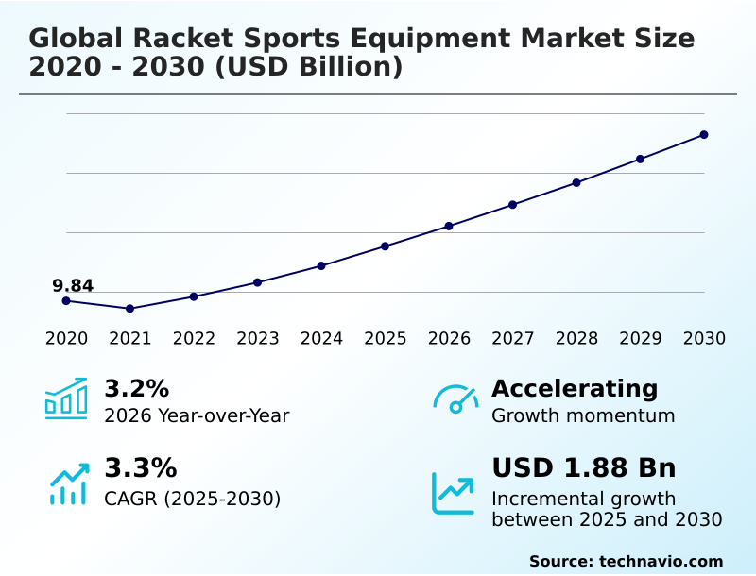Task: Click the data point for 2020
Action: coord(66,301)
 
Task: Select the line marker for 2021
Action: coord(129,309)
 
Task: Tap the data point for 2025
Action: coord(385,246)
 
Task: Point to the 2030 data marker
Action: coord(704,135)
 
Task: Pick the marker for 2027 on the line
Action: coord(512,205)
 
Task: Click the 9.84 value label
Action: coord(73,286)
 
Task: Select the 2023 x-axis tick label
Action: coord(257,339)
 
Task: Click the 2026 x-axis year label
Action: coord(449,339)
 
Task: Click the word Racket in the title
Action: coord(175,39)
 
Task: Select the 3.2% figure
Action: coord(136,388)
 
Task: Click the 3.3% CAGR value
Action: coord(140,467)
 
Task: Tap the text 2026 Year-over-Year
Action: coord(197,415)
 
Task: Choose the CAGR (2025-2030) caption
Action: coord(192,498)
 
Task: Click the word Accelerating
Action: coord(575,388)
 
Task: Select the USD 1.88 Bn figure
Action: coord(584,467)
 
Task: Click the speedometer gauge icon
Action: coord(455,399)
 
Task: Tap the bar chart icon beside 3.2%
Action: coord(66,399)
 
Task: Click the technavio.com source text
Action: coord(661,561)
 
